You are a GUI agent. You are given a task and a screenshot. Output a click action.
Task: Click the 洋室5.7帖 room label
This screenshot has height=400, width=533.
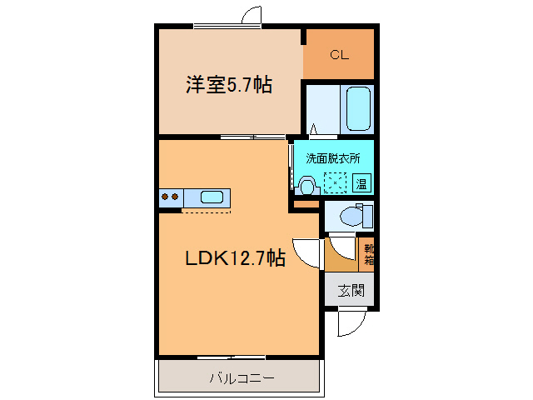pos(229,85)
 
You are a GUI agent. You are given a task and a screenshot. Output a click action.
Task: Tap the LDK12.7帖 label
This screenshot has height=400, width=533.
pos(235,258)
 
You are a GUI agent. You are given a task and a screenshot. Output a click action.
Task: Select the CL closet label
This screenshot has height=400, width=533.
pos(339,55)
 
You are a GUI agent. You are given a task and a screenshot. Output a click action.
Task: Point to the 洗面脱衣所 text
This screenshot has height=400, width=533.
pos(333,157)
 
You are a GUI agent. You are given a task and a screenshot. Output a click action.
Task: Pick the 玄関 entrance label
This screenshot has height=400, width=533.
pos(351,291)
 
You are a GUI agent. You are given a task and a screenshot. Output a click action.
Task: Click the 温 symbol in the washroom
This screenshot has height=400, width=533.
pos(361,183)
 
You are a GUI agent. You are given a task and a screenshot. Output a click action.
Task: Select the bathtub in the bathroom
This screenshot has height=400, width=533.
pos(358,108)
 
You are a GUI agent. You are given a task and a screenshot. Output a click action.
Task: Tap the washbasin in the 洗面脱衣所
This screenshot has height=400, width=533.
pos(306,184)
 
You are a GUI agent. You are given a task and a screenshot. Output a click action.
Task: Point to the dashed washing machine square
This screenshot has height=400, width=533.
pos(336,182)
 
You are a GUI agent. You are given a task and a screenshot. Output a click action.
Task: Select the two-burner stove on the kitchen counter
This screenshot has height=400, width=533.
pos(170,197)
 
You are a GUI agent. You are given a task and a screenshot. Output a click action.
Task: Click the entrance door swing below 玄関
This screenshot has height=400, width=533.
pos(351,322)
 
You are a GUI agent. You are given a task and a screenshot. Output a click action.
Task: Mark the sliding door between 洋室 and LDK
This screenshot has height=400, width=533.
pos(251,136)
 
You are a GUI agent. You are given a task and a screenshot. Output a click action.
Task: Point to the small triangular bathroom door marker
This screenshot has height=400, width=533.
pos(314,129)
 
